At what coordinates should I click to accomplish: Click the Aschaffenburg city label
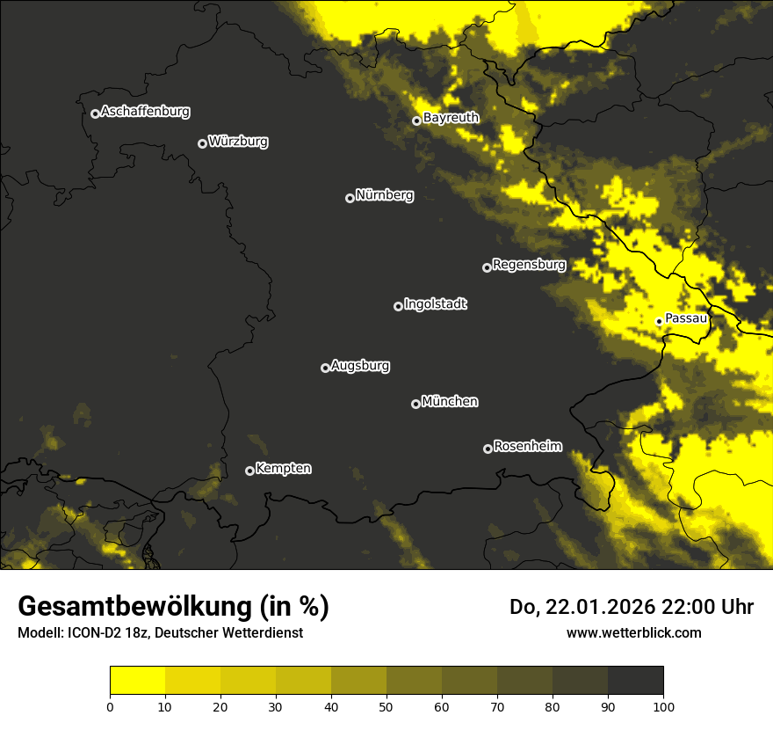click(145, 112)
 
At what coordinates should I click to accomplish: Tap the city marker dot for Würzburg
click(202, 143)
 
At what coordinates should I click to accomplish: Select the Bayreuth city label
click(451, 118)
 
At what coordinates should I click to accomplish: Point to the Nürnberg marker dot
click(350, 198)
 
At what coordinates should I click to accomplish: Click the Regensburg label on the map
click(529, 265)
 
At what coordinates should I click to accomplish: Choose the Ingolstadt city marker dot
click(398, 306)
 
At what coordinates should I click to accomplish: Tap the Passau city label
click(686, 318)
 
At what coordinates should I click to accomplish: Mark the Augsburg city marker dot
click(325, 368)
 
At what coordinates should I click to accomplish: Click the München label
click(450, 402)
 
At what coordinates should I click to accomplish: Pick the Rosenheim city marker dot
click(488, 449)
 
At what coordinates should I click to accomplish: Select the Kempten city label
click(283, 469)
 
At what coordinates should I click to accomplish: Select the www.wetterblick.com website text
click(633, 632)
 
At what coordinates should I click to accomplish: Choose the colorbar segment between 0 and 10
click(138, 681)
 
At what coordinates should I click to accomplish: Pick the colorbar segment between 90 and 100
click(635, 681)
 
